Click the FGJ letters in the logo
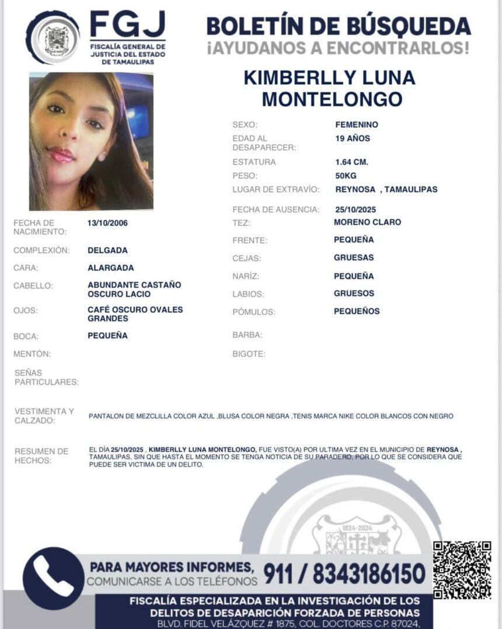127,25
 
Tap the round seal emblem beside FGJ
53,38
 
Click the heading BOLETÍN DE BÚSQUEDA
338,26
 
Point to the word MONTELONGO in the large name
332,99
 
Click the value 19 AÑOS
353,139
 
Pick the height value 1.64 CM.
351,162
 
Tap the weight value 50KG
346,175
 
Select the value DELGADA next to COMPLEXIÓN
107,250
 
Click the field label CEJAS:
247,258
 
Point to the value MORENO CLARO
367,222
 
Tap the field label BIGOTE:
249,354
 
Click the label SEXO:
245,125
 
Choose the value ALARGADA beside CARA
110,268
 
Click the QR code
462,570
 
